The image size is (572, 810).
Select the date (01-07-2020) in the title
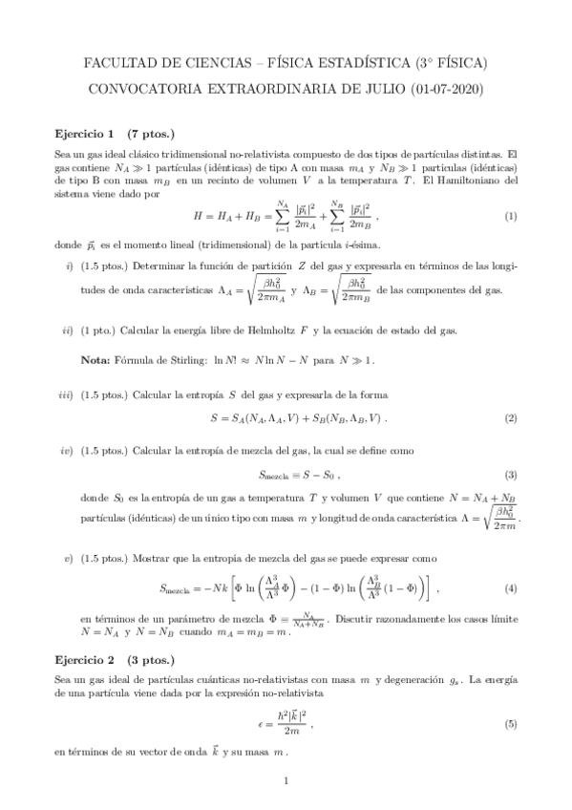tap(448, 91)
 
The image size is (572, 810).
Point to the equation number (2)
tap(511, 418)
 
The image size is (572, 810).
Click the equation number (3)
tap(511, 475)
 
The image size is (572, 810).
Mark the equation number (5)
tap(511, 724)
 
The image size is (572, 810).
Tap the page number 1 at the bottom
tap(286, 781)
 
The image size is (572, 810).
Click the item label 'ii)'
tap(66, 330)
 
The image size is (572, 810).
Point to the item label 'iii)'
tap(65, 394)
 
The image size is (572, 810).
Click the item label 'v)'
tap(67, 556)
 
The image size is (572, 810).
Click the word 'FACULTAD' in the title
tap(123, 64)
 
